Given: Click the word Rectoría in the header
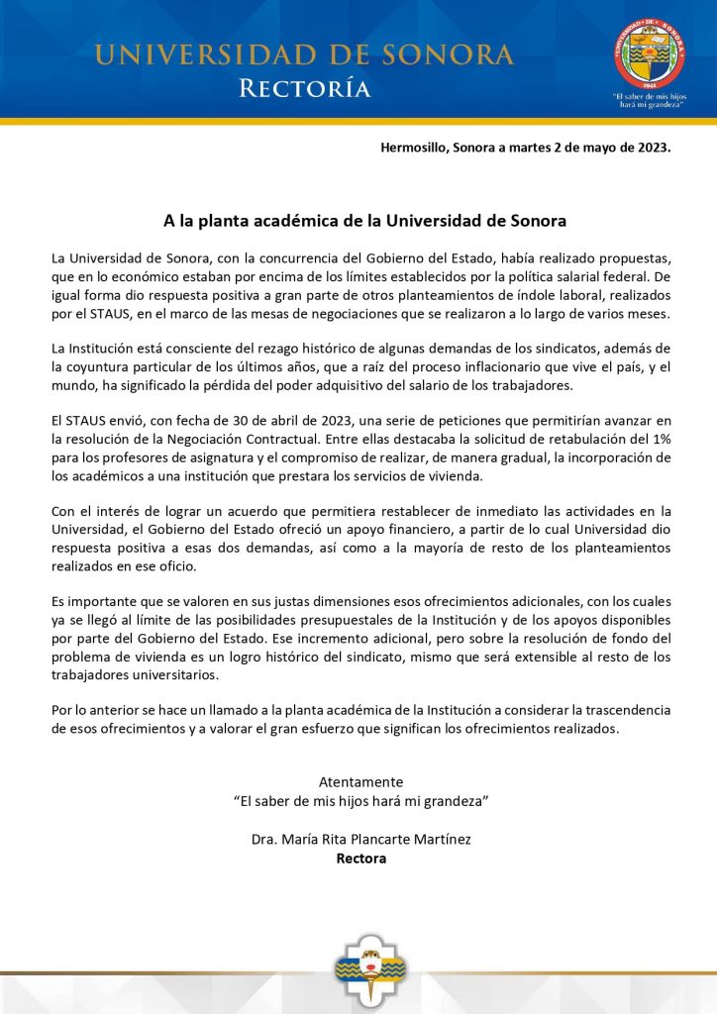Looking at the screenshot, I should pos(305,89).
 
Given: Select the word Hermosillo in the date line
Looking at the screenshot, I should pos(414,149).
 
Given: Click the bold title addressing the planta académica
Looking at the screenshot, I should pos(364,219).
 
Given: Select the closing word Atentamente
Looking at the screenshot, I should pos(360,781).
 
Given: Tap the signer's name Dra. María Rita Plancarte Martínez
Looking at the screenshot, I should pos(360,840).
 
